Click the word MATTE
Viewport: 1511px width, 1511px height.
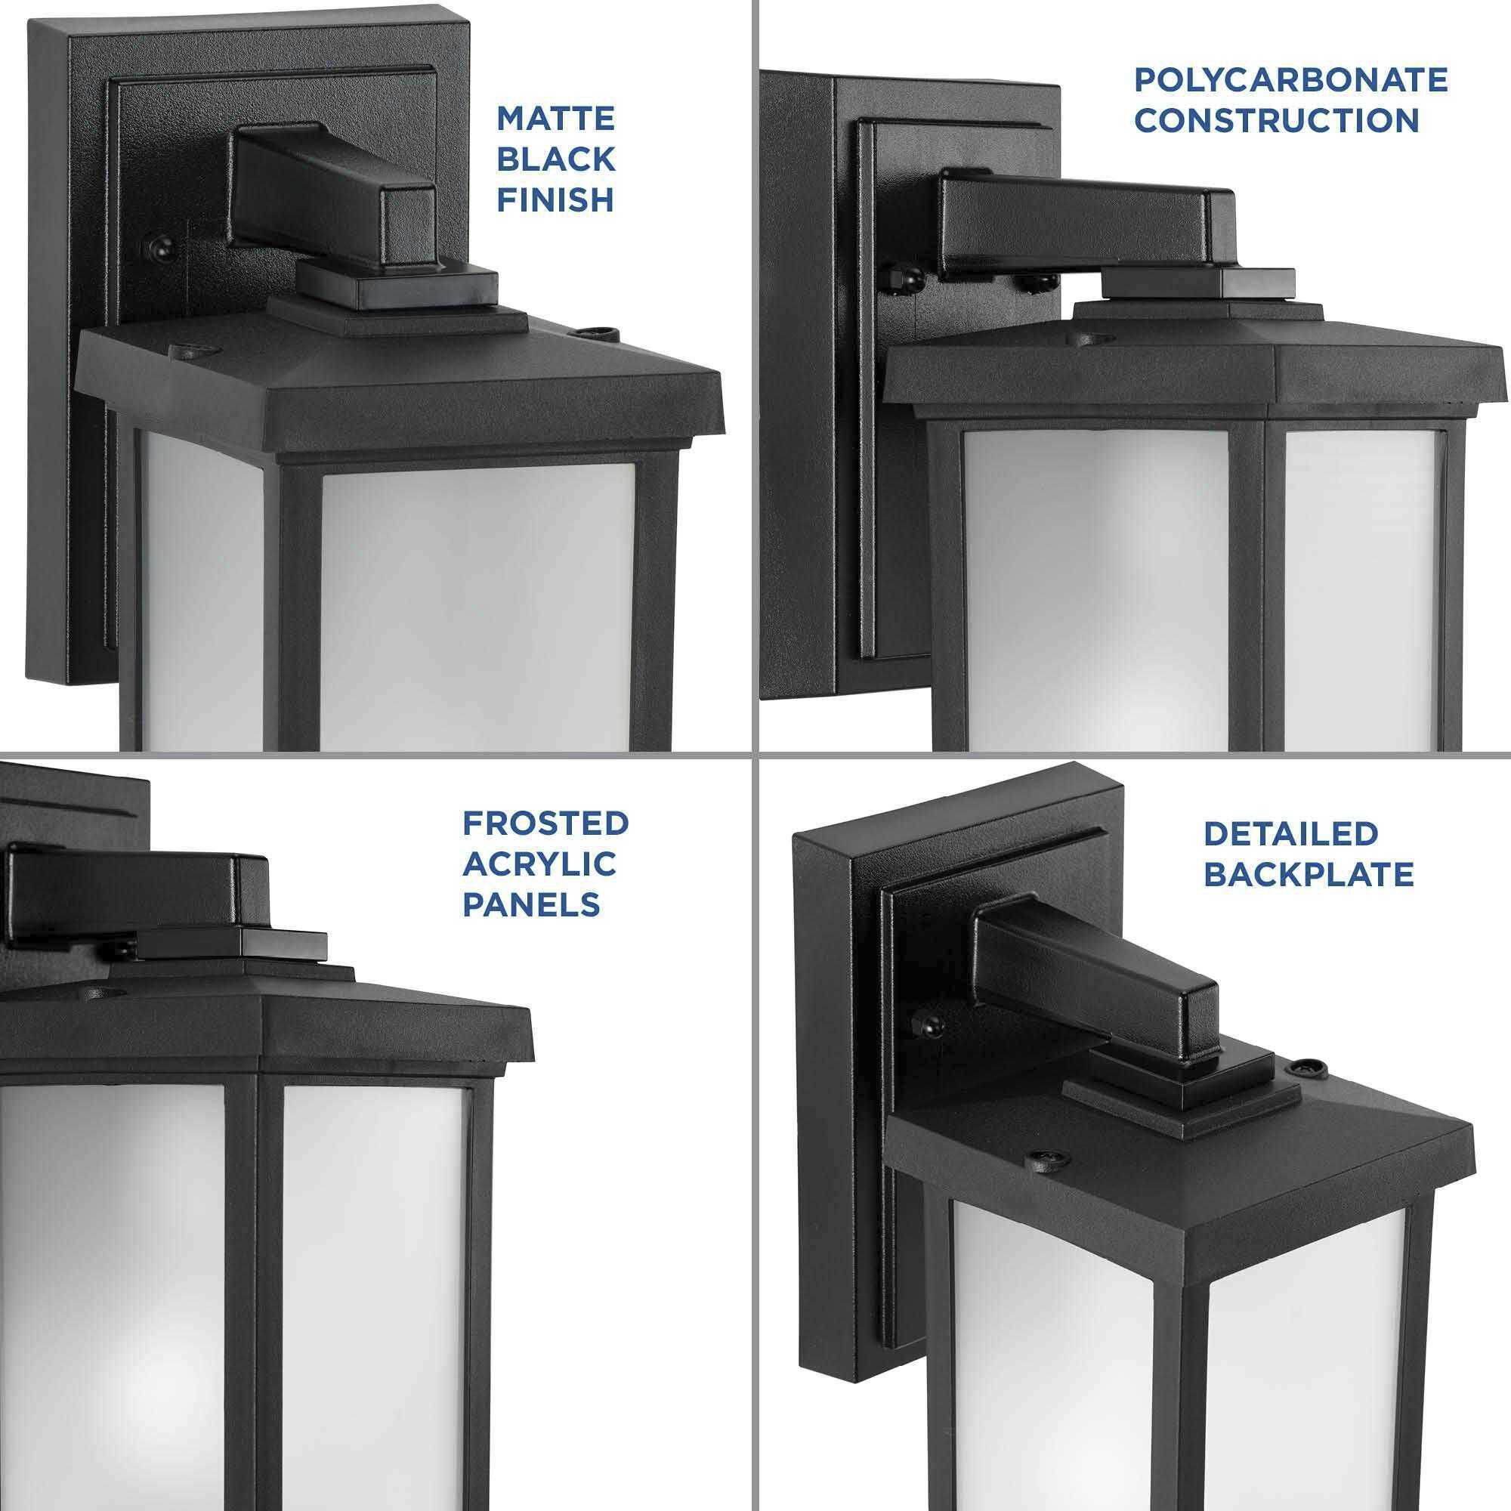pos(555,119)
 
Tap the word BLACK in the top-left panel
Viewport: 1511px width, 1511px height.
pos(555,159)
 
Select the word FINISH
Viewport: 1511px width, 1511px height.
pos(555,200)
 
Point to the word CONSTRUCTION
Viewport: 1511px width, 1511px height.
pos(1276,120)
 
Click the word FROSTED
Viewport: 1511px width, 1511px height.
pos(545,823)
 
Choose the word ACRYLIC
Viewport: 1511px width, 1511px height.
pos(539,864)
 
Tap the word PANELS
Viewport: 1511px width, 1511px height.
pos(531,905)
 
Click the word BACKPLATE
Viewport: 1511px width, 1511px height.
pos(1309,874)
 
